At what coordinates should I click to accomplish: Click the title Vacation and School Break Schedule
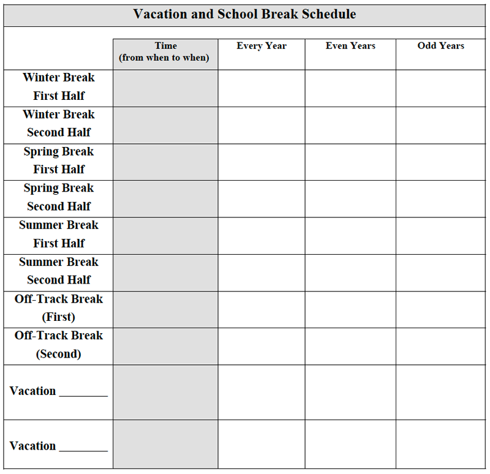click(x=244, y=14)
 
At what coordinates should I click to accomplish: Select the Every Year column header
click(x=262, y=46)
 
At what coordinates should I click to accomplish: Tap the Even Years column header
click(x=350, y=46)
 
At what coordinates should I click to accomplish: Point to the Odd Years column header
click(x=441, y=46)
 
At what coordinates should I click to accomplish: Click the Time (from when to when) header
click(x=165, y=52)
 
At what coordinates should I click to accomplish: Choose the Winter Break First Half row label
click(x=59, y=87)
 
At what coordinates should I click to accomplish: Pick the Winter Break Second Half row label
click(x=59, y=124)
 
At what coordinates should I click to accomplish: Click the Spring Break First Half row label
click(x=59, y=160)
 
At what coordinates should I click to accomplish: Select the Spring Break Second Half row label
click(x=59, y=197)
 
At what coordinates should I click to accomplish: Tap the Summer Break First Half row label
click(x=59, y=234)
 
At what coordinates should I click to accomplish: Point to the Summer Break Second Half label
click(x=59, y=271)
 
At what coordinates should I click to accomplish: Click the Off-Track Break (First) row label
click(x=59, y=308)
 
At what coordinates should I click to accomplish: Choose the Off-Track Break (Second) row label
click(x=59, y=345)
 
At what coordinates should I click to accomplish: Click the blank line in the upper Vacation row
click(x=83, y=394)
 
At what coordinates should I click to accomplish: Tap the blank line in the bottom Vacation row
click(x=83, y=450)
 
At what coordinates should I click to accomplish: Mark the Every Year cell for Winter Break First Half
click(x=262, y=88)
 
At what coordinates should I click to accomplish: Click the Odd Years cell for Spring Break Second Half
click(x=442, y=198)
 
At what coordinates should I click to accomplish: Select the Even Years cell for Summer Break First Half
click(x=350, y=236)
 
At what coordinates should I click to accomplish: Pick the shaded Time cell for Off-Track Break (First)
click(x=165, y=309)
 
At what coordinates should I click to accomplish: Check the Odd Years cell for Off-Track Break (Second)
click(x=442, y=346)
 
